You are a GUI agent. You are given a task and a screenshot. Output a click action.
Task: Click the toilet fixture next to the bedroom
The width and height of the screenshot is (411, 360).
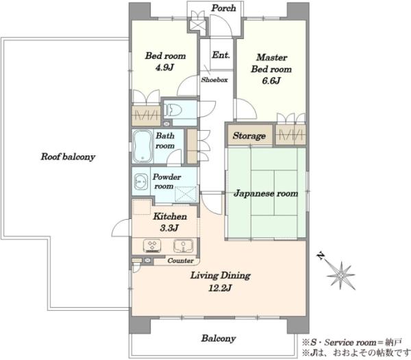click(x=172, y=110)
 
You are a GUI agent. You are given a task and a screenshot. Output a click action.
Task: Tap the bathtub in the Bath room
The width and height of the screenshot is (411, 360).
click(x=142, y=146)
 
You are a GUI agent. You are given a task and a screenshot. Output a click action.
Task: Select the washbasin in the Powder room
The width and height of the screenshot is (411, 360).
click(x=141, y=181)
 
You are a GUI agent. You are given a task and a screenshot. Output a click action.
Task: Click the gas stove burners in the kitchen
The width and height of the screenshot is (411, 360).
click(x=152, y=246)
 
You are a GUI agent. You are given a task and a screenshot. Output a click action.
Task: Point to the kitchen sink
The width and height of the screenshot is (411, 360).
click(x=183, y=246)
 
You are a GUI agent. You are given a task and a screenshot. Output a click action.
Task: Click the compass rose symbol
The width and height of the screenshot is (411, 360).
click(x=341, y=275)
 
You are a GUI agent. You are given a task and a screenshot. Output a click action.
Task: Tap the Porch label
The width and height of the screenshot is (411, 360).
click(x=223, y=8)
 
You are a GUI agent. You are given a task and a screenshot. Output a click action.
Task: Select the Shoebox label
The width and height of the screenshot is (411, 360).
click(x=214, y=80)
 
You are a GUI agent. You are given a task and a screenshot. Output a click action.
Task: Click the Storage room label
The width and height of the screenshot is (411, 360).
click(x=249, y=136)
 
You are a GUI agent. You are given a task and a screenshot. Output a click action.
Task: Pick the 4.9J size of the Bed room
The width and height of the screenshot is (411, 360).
click(x=164, y=68)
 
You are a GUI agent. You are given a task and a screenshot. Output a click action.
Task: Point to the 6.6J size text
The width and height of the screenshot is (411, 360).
click(x=271, y=81)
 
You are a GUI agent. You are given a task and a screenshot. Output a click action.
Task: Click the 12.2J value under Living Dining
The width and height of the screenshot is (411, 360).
click(x=220, y=288)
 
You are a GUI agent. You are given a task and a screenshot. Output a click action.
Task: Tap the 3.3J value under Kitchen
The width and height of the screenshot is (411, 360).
click(x=169, y=228)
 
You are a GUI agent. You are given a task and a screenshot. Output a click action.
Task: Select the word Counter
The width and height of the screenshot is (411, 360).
click(x=181, y=261)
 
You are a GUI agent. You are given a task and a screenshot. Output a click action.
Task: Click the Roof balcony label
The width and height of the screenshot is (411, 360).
click(x=68, y=157)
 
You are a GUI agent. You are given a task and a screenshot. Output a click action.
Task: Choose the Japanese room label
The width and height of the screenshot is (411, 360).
click(x=266, y=194)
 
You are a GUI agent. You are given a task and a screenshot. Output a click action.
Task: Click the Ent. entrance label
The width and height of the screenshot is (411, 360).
click(x=221, y=55)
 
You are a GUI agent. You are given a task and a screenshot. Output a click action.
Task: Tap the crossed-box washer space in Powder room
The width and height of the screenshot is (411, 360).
click(x=186, y=194)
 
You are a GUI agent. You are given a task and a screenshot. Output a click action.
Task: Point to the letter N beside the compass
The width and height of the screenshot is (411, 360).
click(x=320, y=255)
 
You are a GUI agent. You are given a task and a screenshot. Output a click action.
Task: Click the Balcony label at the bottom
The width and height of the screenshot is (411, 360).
click(x=219, y=338)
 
